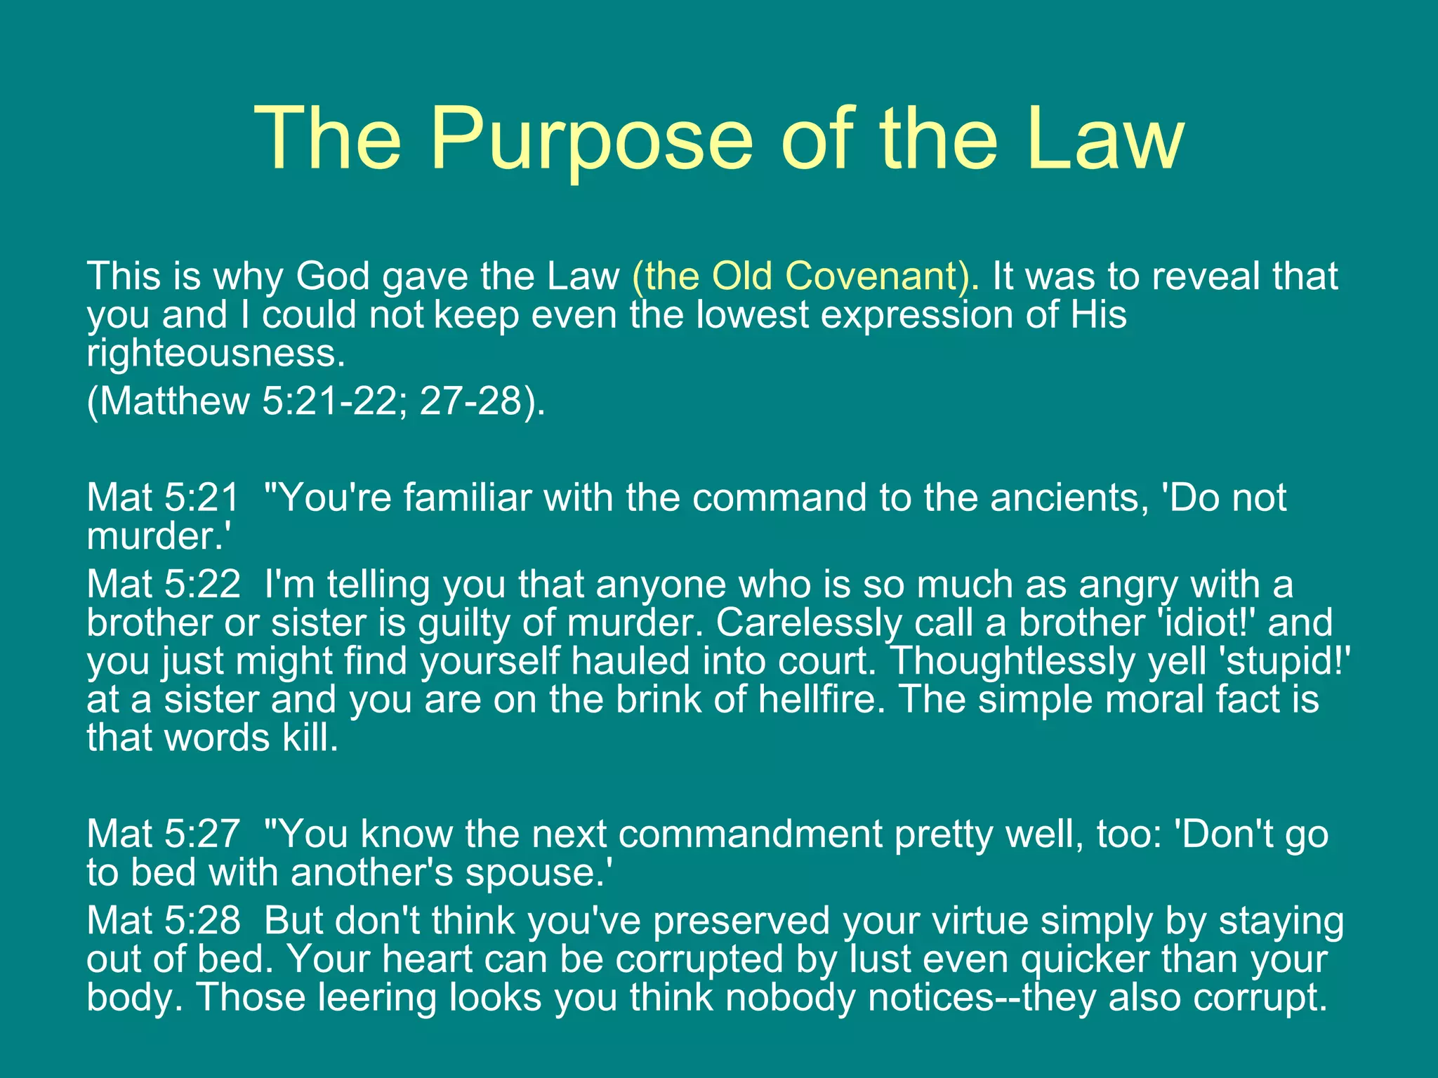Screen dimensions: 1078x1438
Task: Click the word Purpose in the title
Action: pos(591,138)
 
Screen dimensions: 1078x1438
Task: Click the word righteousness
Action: pos(216,353)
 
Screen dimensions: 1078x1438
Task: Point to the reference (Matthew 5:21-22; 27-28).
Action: pos(316,401)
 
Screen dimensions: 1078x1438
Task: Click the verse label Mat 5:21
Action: pos(163,498)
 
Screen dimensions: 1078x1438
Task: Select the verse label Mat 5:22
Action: pos(163,585)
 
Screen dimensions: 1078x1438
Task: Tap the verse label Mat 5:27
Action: pos(163,834)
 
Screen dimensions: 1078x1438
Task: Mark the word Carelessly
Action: pos(809,623)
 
